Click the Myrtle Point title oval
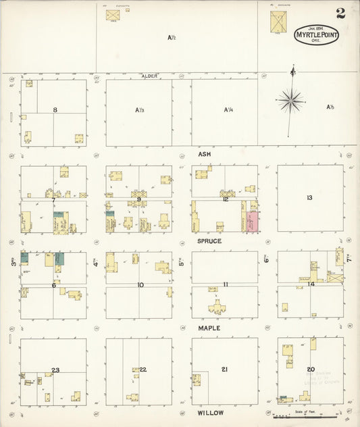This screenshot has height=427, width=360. point(316,34)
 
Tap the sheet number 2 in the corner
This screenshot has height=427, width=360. point(340,12)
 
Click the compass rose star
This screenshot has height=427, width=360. point(291,101)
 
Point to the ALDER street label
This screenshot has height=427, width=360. point(149,76)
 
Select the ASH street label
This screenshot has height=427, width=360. point(205,154)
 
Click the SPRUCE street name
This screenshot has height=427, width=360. point(209,241)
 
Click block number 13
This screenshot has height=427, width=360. point(309,197)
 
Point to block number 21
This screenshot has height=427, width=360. point(224,369)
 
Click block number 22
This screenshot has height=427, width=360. point(143,369)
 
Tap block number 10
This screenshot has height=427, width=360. point(140,284)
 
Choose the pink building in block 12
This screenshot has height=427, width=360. point(253,222)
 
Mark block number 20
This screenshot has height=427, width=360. point(311,369)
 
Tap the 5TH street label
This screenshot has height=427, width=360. point(181,259)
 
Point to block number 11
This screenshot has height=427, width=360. point(225,284)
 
